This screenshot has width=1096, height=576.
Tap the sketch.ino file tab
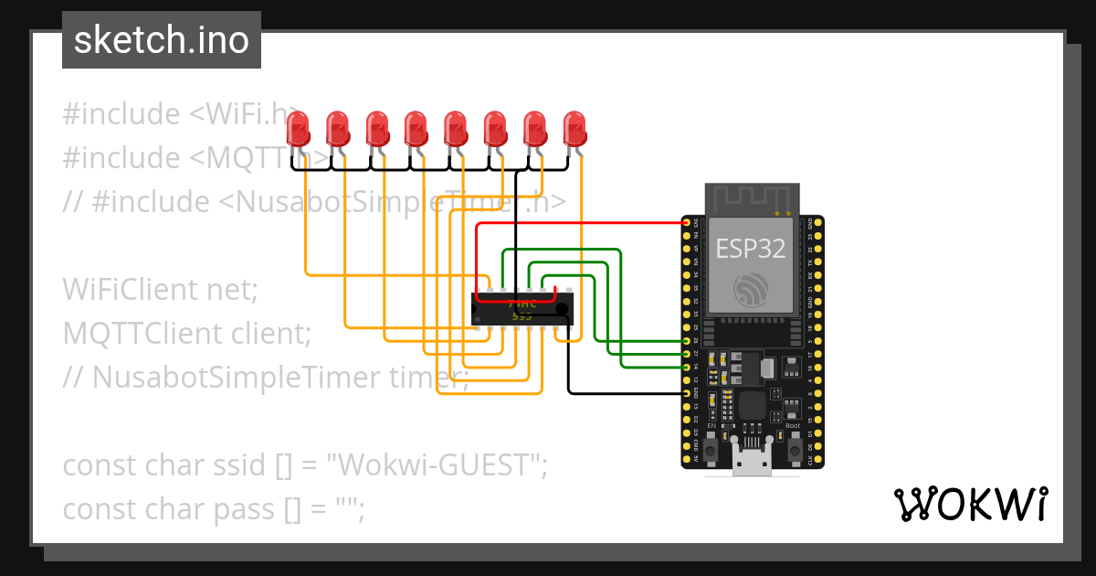tap(162, 40)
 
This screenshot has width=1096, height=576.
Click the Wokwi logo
tap(970, 504)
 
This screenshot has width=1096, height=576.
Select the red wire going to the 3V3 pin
tap(585, 222)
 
